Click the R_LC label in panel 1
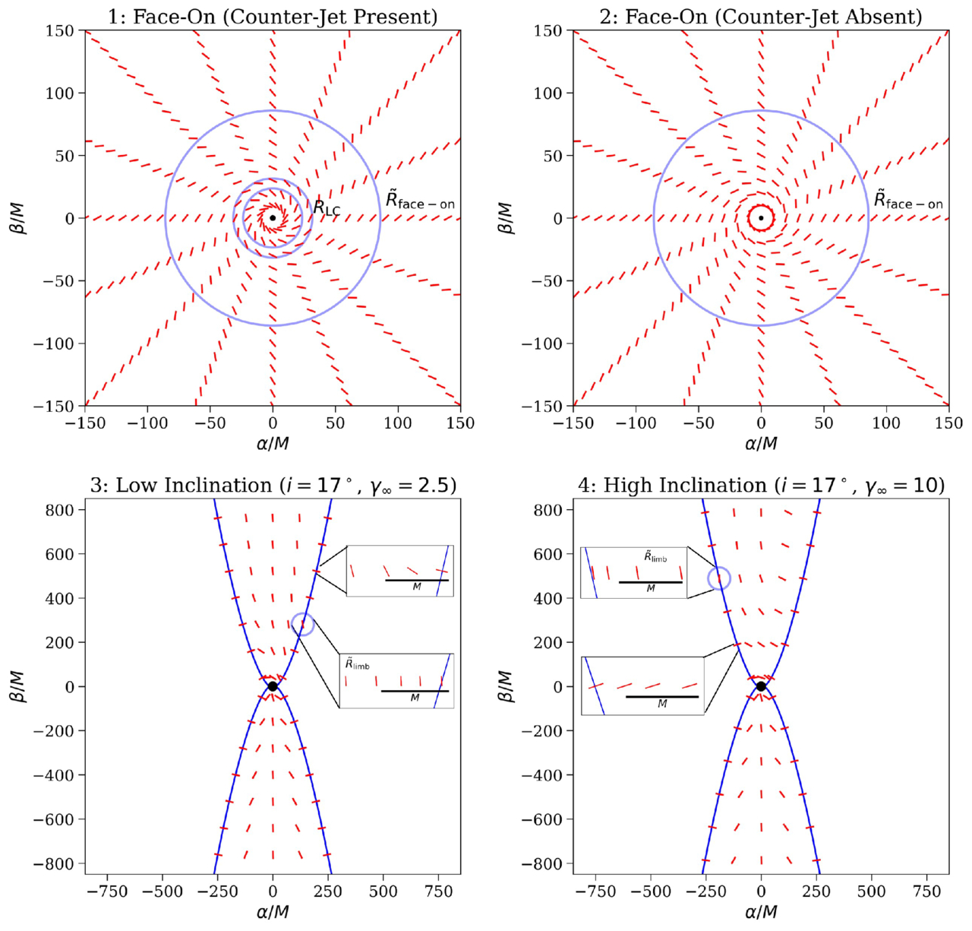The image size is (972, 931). pos(327,207)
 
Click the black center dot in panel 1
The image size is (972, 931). pos(273,218)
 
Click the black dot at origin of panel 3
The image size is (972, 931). pos(273,686)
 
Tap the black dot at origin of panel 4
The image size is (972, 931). pos(761,686)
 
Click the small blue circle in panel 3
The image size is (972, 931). pos(302,624)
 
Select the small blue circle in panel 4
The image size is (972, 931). pos(719,578)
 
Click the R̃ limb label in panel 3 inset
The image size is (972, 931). pos(358,665)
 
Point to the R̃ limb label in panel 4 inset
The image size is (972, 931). pos(655,557)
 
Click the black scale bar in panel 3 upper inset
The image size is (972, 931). pos(417,581)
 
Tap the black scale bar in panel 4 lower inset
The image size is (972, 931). pos(661,697)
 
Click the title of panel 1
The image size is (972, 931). pos(273,16)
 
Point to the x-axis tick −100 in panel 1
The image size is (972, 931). pos(147,423)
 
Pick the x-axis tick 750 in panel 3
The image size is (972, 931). pos(438,891)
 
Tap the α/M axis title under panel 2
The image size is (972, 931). pos(761,443)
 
